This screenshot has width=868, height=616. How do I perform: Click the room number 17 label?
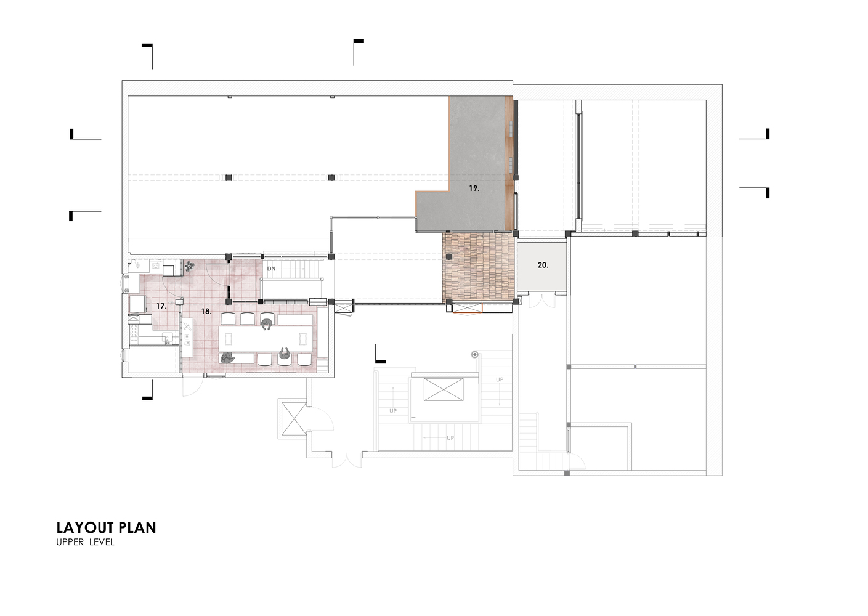tap(161, 306)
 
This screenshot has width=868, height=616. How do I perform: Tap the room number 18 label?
tap(206, 312)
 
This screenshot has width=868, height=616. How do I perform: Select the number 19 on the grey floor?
tap(474, 188)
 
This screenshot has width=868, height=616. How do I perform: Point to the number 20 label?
tap(543, 265)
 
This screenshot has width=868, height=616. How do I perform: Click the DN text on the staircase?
tap(271, 269)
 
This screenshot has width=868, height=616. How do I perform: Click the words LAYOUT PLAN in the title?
tap(106, 528)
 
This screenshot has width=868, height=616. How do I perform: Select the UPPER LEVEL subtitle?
tap(85, 543)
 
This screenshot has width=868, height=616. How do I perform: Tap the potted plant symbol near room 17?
tap(189, 266)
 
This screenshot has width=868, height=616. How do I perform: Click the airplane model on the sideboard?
tap(187, 326)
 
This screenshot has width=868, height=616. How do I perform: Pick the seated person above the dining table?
tap(266, 324)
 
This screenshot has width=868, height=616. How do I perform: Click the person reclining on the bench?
tap(227, 358)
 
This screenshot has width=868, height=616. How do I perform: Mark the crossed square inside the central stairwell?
tap(444, 389)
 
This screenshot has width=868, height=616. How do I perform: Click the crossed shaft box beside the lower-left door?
tap(294, 419)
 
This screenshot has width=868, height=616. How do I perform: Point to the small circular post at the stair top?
tap(475, 354)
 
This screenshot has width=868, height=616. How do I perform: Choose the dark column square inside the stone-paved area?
tap(449, 256)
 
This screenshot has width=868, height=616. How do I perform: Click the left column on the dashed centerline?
tap(229, 177)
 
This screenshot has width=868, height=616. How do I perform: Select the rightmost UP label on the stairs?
tap(500, 379)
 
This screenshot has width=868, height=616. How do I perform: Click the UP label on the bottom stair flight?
tap(450, 438)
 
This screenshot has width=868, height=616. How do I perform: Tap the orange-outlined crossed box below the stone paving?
tap(468, 309)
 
